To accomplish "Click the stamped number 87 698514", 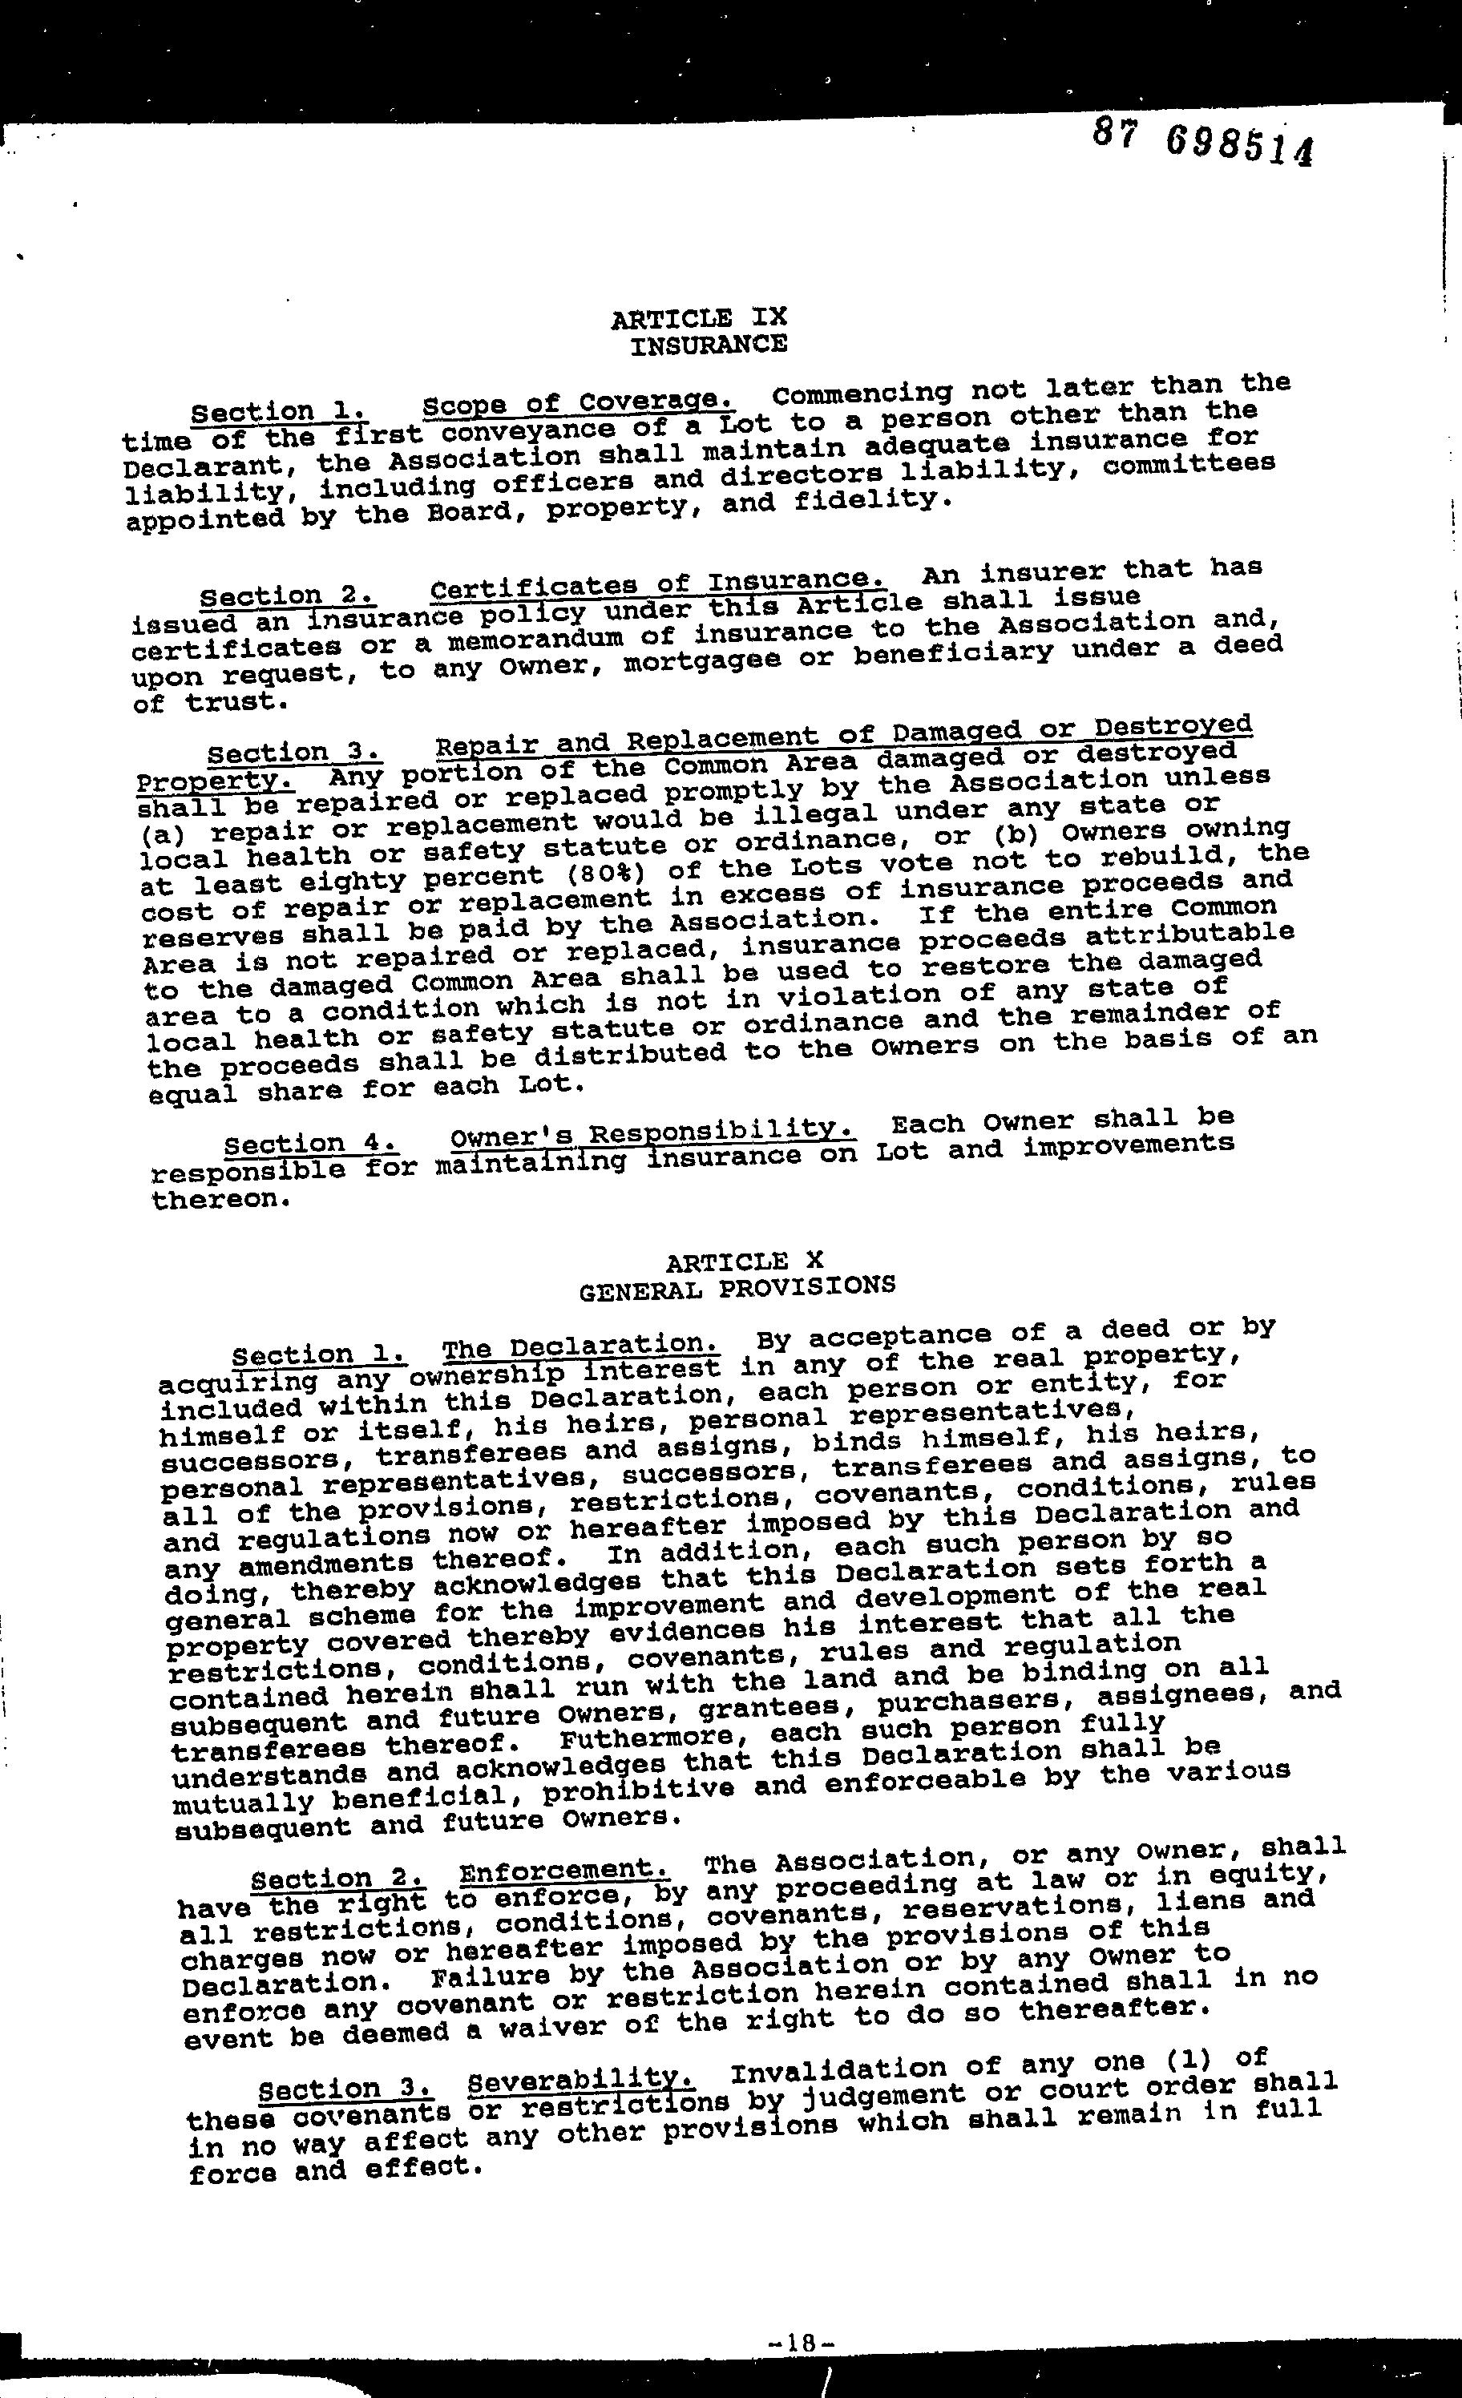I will point(1202,144).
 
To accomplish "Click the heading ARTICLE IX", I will point(698,318).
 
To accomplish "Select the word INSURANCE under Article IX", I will point(709,345).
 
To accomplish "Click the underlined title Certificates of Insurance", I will point(658,585).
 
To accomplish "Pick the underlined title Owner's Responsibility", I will point(653,1132).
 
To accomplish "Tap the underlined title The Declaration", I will point(581,1347).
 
